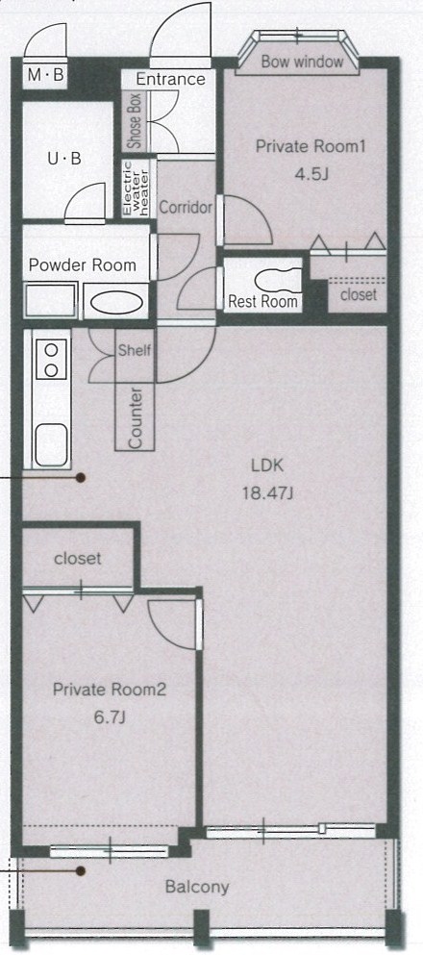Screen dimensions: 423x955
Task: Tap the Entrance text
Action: (170, 79)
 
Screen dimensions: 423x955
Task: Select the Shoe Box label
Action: (134, 122)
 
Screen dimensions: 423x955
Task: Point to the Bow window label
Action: (303, 62)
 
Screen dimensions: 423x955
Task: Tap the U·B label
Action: (64, 159)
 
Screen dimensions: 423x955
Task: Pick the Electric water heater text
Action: (136, 188)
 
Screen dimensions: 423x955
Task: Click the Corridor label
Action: (186, 207)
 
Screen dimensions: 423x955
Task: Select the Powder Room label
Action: (83, 265)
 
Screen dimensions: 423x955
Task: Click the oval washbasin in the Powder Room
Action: (116, 303)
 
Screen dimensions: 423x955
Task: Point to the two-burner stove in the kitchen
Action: (52, 360)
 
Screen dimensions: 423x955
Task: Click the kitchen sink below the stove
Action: (51, 445)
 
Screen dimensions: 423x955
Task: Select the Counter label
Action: (136, 417)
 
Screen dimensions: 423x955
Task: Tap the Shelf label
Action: (134, 350)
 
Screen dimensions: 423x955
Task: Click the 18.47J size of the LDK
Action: (268, 492)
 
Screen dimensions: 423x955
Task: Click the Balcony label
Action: (197, 887)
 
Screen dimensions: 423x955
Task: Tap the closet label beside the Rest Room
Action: (359, 295)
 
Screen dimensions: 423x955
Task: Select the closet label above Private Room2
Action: (77, 558)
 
